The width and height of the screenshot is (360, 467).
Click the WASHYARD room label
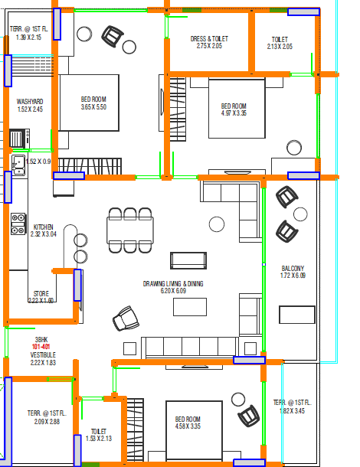tap(30, 102)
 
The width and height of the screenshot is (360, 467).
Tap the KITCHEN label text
tap(43, 227)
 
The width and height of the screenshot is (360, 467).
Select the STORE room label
tap(41, 294)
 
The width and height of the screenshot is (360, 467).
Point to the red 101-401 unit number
tap(41, 347)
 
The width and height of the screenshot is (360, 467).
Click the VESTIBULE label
tap(43, 354)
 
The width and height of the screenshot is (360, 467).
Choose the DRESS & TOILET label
tap(209, 39)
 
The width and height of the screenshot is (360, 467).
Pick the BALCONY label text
tap(293, 269)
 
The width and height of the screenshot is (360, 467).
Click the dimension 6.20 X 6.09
tap(173, 291)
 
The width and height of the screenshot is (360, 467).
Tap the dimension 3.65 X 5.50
tap(93, 107)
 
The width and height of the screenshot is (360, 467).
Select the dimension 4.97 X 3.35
tap(234, 113)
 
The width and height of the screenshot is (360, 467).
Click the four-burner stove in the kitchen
tap(18, 224)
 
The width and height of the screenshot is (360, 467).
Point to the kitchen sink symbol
tap(18, 165)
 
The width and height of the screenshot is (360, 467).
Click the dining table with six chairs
tap(130, 230)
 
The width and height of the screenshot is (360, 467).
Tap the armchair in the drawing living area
tap(126, 318)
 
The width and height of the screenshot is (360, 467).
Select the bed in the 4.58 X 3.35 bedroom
tap(194, 430)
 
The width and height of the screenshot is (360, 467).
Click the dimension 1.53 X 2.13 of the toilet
tap(99, 439)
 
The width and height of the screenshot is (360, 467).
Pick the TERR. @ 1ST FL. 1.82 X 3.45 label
tap(293, 407)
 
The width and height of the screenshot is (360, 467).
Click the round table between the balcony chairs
tap(300, 214)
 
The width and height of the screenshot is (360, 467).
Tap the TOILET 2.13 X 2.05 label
tap(280, 43)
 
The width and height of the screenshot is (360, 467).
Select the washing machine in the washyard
tap(20, 139)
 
